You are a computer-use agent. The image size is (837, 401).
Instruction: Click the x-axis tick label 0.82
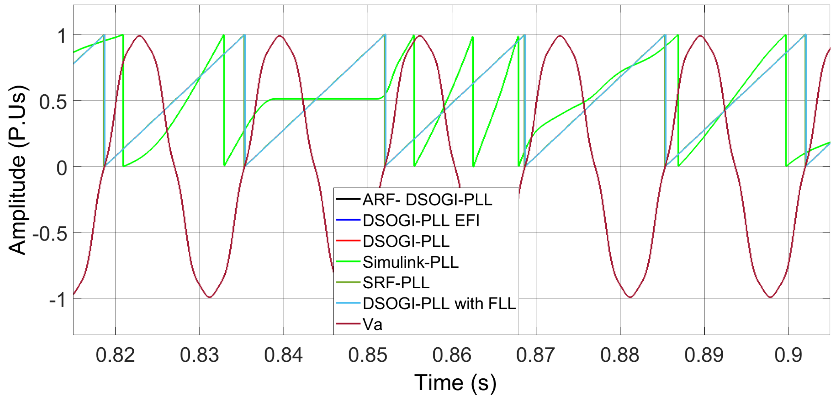[x=115, y=355]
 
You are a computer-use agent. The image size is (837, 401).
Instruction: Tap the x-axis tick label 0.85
[x=367, y=355]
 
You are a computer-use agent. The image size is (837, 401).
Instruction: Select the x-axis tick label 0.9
[x=788, y=355]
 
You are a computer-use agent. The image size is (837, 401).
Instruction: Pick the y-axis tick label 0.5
[x=53, y=102]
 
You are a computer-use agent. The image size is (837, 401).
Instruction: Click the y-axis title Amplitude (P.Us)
[x=17, y=170]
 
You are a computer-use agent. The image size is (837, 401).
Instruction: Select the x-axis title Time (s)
[x=455, y=382]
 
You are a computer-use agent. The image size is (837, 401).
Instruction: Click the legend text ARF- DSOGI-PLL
[x=427, y=200]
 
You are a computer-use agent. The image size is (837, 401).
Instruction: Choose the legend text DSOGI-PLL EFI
[x=421, y=220]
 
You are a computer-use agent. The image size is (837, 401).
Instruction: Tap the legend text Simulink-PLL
[x=410, y=262]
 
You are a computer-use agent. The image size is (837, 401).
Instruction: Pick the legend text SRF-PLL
[x=396, y=283]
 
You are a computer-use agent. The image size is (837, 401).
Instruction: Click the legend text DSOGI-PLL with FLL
[x=439, y=304]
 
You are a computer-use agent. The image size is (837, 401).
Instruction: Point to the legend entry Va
[x=372, y=324]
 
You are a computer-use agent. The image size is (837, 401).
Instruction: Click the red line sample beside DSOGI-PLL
[x=348, y=241]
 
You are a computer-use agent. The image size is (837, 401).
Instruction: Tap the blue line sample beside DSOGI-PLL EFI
[x=348, y=220]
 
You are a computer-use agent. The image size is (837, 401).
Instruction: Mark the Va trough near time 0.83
[x=210, y=297]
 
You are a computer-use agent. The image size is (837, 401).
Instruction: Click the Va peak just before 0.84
[x=279, y=36]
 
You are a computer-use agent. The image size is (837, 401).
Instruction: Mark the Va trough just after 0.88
[x=630, y=297]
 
